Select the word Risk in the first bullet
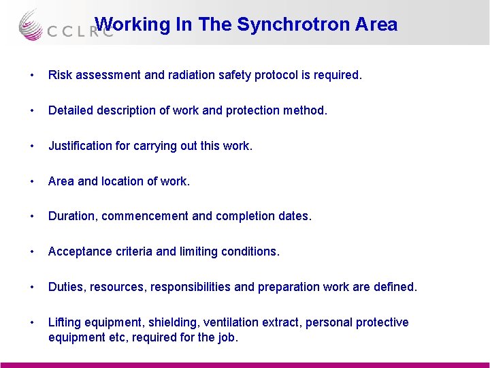(59, 75)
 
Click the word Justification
(80, 146)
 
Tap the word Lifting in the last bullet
(63, 322)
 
